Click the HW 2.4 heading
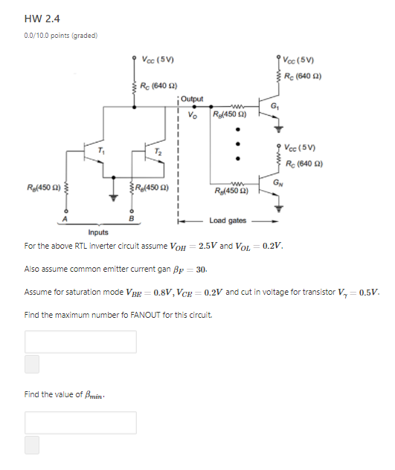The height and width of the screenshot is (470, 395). point(42,19)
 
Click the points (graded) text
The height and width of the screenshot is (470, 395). point(61,34)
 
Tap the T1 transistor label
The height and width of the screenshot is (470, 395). point(102,151)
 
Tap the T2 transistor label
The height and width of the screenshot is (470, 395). point(158,151)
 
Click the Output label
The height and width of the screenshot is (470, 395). point(191,98)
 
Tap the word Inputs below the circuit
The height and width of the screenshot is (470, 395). point(98,232)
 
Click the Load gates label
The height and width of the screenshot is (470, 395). point(228,221)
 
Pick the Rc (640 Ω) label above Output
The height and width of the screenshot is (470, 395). point(158,86)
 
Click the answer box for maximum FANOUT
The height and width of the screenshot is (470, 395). point(80,342)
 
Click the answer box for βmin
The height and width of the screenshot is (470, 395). point(80,422)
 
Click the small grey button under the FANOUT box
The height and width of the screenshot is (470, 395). point(32,363)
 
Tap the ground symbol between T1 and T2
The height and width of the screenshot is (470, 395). point(114,197)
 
